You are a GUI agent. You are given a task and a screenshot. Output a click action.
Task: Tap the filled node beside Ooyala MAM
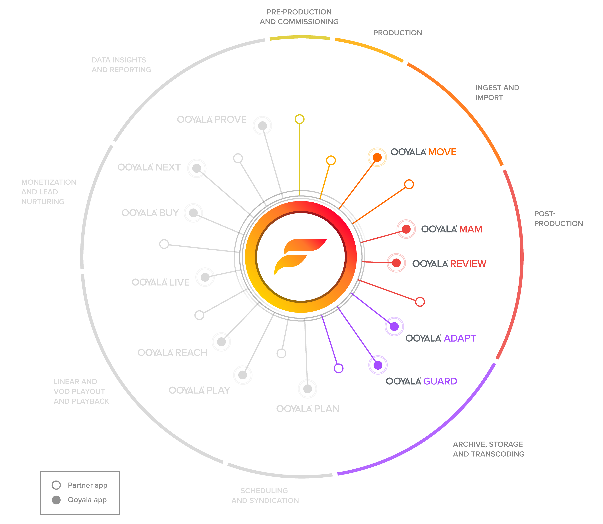(x=406, y=229)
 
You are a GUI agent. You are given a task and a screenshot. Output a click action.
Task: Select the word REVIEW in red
(x=468, y=264)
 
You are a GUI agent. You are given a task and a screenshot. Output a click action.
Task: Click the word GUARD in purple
(x=440, y=381)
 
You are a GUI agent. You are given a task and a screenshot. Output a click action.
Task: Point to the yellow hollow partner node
(x=299, y=119)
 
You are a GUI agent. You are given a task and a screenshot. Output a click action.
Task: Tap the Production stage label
(x=397, y=33)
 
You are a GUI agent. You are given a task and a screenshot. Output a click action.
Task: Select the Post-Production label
(x=558, y=219)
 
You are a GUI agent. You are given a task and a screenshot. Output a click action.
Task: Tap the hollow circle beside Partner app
(x=56, y=485)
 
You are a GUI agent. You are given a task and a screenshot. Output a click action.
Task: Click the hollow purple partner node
(x=338, y=368)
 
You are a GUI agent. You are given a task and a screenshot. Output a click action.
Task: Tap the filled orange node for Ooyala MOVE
(x=377, y=157)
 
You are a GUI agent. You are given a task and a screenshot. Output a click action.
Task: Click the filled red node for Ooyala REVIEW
(x=396, y=263)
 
